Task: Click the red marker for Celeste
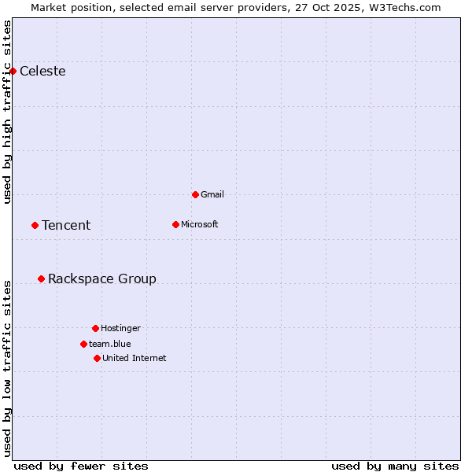(x=13, y=72)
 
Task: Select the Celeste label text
(x=42, y=72)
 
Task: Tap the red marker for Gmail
(x=195, y=194)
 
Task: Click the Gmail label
(x=212, y=194)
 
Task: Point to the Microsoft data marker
(x=175, y=224)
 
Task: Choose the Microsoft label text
(x=200, y=224)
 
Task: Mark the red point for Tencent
(x=35, y=225)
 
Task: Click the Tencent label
(x=66, y=226)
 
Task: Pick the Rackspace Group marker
(x=41, y=278)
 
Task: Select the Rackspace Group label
(x=102, y=279)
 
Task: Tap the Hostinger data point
(x=95, y=328)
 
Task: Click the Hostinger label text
(x=120, y=328)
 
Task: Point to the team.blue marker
(x=83, y=344)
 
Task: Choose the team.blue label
(x=110, y=344)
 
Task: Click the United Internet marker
(x=97, y=358)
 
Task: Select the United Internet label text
(x=135, y=358)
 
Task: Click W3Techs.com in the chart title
(x=405, y=7)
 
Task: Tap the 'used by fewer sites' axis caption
(x=81, y=466)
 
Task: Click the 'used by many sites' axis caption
(x=395, y=466)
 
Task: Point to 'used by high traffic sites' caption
(x=7, y=112)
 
